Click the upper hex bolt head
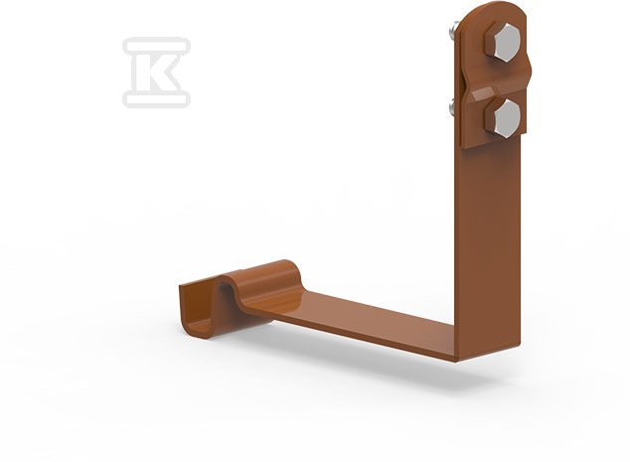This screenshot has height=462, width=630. (502, 44)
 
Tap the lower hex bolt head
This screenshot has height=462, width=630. (503, 118)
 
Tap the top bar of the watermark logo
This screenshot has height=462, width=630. (157, 45)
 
